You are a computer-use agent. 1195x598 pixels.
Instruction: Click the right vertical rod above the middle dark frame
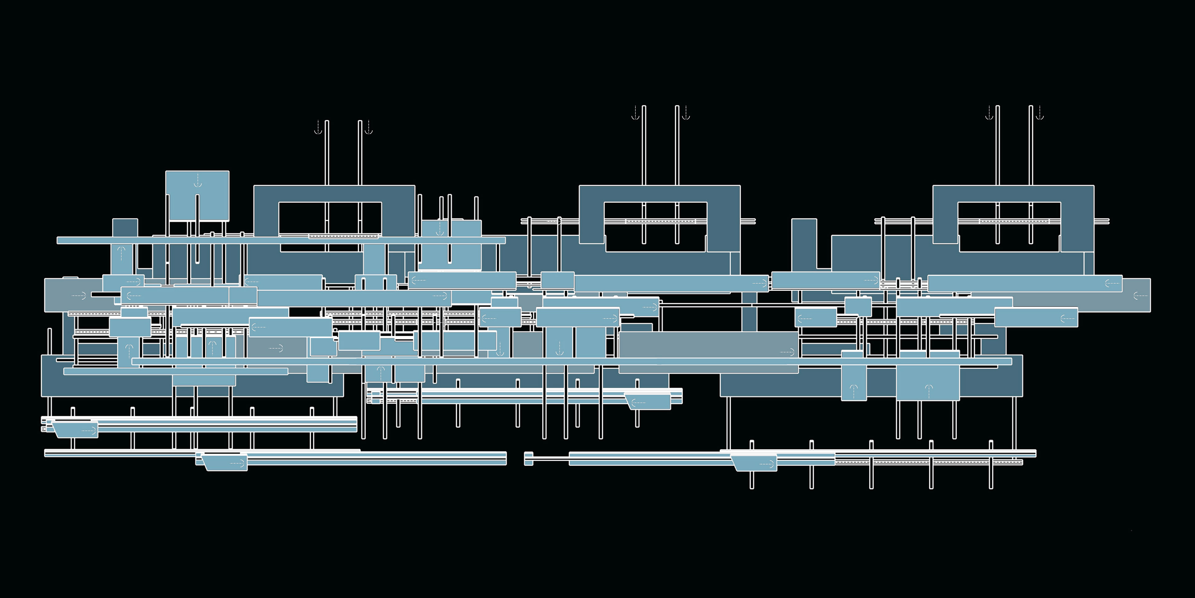tap(677, 144)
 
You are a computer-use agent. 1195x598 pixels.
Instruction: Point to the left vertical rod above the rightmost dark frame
tap(997, 144)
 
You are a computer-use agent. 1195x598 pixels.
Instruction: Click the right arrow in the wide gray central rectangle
tap(787, 352)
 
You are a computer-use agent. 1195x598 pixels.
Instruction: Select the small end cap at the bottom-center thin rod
tap(528, 458)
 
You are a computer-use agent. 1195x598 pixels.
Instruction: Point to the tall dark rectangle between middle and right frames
tap(804, 244)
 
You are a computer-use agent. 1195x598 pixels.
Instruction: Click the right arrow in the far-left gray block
tap(79, 295)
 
